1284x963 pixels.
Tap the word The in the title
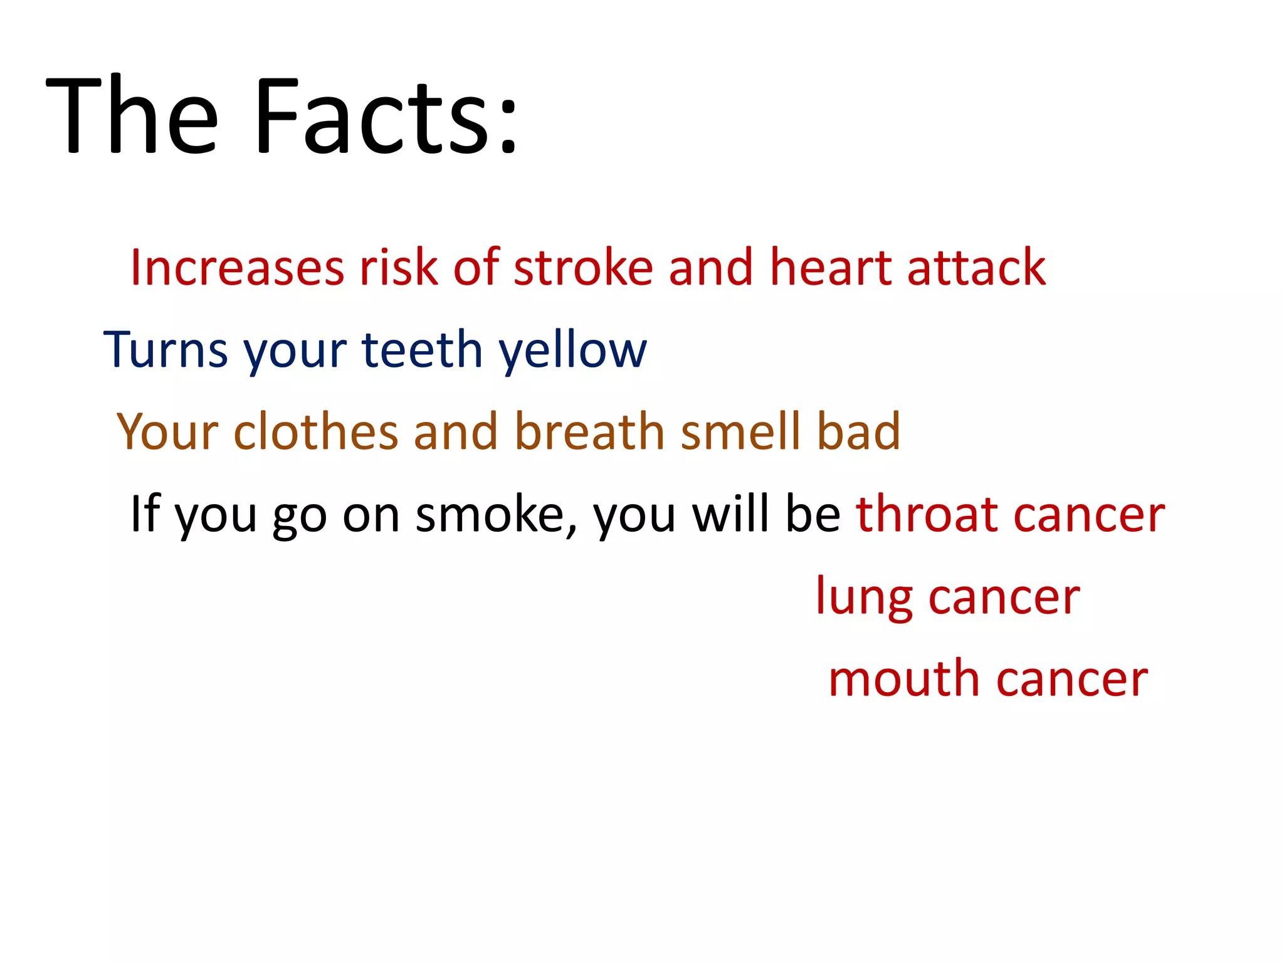[132, 116]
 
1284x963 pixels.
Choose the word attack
[976, 268]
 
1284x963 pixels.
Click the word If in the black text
[144, 513]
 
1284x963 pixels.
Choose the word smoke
[490, 515]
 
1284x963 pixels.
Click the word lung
[864, 597]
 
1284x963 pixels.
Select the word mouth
[903, 679]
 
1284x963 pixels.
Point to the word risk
[397, 268]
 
